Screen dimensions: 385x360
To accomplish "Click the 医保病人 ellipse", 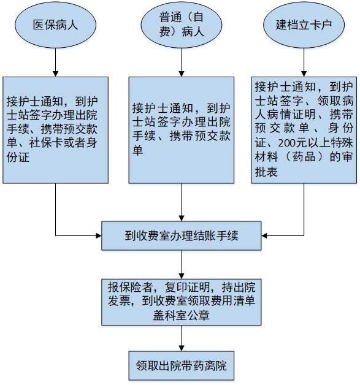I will (55, 25).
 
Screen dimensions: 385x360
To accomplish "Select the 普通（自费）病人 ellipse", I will (181, 25).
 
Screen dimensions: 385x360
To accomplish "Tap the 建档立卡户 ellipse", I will (304, 25).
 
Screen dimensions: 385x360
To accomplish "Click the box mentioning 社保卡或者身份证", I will (55, 130).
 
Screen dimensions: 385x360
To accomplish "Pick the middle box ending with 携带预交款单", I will (181, 130).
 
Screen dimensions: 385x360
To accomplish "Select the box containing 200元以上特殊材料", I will (304, 130).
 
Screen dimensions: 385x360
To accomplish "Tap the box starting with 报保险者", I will (181, 302).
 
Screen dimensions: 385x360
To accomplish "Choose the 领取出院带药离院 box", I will (181, 366).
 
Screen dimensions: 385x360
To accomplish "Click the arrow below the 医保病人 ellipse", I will (55, 61).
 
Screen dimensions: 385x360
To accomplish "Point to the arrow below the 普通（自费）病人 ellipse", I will (181, 61).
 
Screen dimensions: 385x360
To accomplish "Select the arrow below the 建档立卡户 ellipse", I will (304, 61).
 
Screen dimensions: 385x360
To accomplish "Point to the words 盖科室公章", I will (181, 316).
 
